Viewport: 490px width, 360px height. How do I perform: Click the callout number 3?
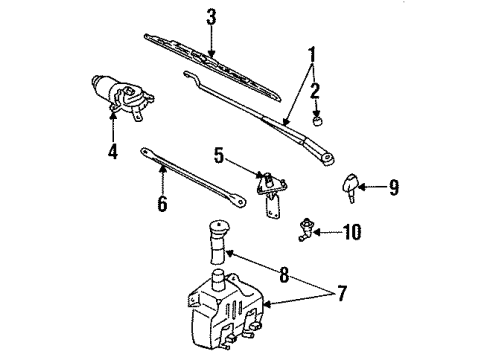coord(211,17)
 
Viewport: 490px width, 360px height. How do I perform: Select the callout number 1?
coord(312,55)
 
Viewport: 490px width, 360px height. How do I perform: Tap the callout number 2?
coord(315,91)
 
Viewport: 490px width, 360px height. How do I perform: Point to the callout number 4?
coord(113,151)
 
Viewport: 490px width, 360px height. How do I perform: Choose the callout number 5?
coord(219,155)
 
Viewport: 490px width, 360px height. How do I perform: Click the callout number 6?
coord(162,203)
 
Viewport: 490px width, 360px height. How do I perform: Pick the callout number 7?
coord(342,293)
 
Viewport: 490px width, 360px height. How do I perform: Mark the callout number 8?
coord(284,275)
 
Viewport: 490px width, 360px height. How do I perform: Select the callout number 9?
coord(394,187)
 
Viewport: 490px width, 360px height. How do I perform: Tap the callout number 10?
coord(352,232)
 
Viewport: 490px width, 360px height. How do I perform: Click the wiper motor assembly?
coord(122,96)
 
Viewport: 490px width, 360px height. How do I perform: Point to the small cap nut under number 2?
coord(318,121)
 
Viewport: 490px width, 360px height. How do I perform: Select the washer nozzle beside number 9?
coord(350,187)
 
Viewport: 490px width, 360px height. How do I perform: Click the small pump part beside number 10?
coord(305,229)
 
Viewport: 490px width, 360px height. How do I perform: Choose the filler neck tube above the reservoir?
coord(218,242)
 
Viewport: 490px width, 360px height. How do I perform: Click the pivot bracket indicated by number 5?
coord(272,195)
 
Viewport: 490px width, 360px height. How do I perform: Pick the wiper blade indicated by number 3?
coord(213,67)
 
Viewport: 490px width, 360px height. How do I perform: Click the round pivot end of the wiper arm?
coord(328,157)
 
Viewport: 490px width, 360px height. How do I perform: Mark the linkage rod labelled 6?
coord(193,177)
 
